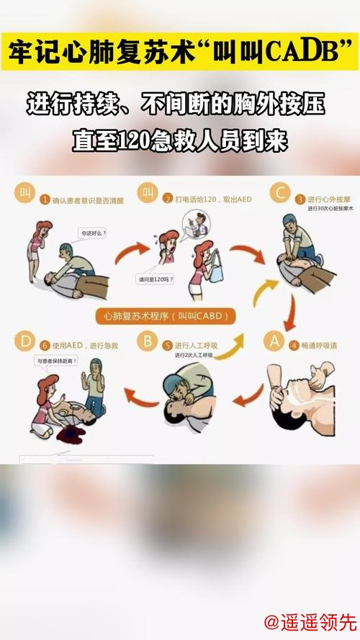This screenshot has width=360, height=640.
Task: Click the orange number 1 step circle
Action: tap(45, 199)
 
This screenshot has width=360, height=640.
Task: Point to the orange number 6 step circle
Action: tap(44, 345)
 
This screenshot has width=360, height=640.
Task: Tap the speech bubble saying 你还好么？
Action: tap(94, 233)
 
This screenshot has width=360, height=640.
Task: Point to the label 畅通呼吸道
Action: tap(318, 345)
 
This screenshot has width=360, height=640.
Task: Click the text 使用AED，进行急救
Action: tap(83, 345)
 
